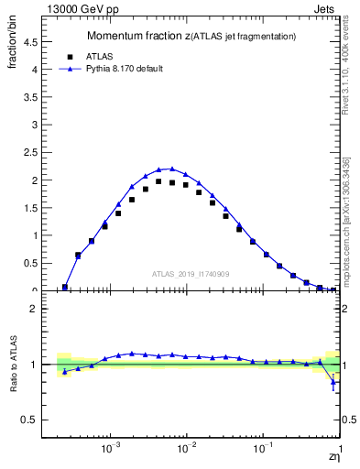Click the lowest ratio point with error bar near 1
(x=333, y=383)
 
